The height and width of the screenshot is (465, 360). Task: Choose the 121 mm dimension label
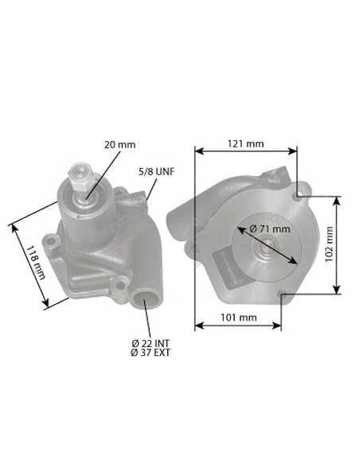(x=245, y=144)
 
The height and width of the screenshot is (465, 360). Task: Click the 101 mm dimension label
(x=238, y=318)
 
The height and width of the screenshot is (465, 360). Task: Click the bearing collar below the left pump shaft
(x=81, y=205)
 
